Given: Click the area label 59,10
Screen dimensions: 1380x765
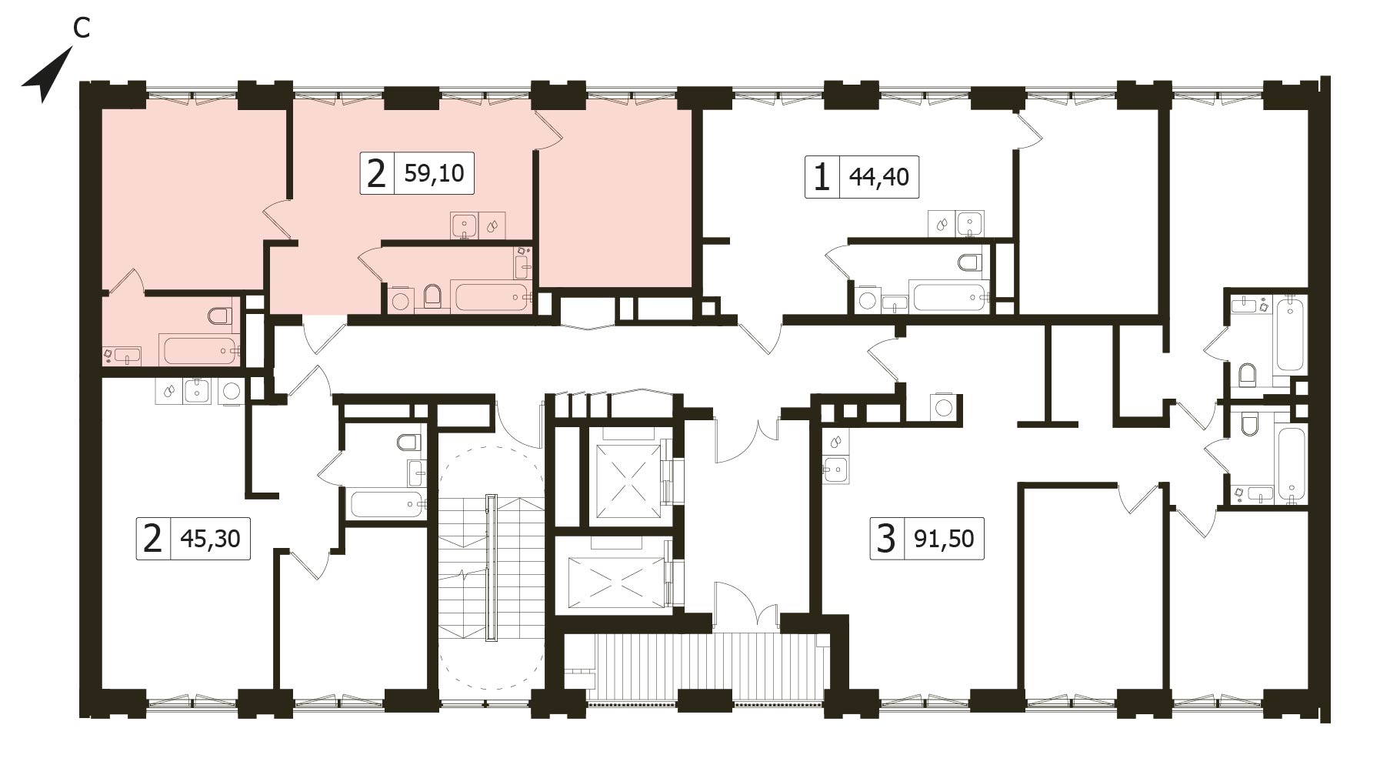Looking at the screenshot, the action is click(x=434, y=173).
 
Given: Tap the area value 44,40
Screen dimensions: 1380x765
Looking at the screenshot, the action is click(x=878, y=177).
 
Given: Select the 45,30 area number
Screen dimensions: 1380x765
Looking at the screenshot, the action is click(x=210, y=538).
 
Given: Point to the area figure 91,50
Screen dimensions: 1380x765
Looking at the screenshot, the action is click(x=944, y=538).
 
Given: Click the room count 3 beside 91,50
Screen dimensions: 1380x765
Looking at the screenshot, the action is click(x=886, y=538).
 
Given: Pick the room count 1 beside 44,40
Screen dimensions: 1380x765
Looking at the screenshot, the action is click(x=822, y=178).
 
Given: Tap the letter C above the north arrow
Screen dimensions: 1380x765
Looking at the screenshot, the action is click(x=81, y=28).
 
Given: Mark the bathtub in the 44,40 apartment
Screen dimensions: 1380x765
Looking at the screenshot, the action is click(x=948, y=296).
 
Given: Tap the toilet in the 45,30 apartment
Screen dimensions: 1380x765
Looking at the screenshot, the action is click(x=408, y=443).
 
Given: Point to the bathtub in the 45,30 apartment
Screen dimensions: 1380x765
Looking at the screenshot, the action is click(x=387, y=505).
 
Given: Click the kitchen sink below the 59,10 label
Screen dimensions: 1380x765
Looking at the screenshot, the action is click(x=464, y=226).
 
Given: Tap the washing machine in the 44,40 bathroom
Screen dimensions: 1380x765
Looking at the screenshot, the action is click(x=867, y=299).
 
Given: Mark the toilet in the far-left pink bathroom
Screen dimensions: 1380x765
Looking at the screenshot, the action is click(x=220, y=315).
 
